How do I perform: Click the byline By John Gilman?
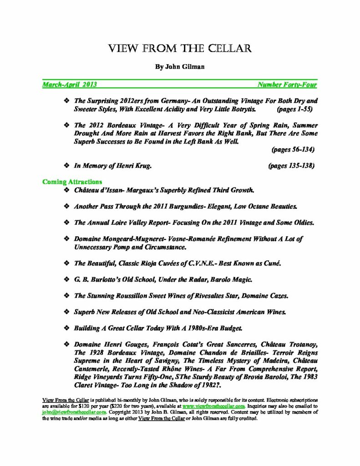[180, 66]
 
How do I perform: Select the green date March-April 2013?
[69, 85]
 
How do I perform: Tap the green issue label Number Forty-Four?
[287, 85]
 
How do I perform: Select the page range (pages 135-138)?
[291, 166]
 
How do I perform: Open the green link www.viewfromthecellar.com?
[214, 405]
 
